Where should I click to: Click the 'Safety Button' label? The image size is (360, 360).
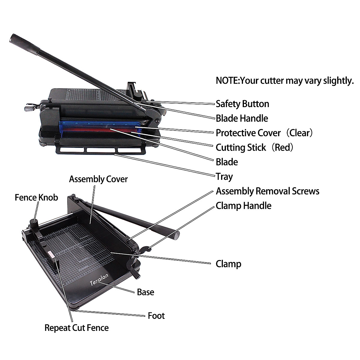point(242,104)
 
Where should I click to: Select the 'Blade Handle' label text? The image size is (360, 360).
point(242,118)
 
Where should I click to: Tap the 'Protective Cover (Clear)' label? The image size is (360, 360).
point(264,133)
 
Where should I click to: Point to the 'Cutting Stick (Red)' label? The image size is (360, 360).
point(254,147)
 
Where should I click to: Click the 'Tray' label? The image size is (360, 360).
point(224,176)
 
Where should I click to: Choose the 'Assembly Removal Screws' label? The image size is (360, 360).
point(268,191)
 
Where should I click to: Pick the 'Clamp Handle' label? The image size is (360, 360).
point(244,206)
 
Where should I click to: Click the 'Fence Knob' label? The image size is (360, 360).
point(36,198)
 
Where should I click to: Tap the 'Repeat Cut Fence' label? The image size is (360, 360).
point(76,328)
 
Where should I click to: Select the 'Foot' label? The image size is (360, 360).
point(156,316)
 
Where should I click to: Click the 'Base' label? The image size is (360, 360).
point(145,292)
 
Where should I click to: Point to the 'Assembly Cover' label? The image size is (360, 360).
point(98,179)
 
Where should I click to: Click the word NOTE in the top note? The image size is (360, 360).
point(227,80)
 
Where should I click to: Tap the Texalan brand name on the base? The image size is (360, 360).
point(99,279)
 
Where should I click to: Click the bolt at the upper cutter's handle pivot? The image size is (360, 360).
point(157,121)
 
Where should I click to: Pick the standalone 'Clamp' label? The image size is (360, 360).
point(228,264)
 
